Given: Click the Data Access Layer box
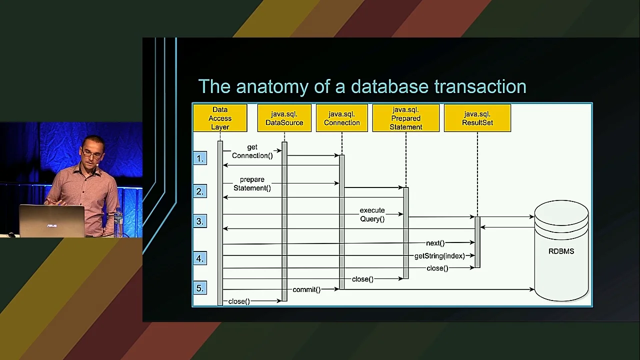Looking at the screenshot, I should (x=220, y=118).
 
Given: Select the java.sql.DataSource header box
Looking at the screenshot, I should (x=284, y=118).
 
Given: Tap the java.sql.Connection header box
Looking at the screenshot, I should (x=341, y=118).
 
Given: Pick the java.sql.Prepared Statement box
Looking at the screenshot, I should (x=405, y=118).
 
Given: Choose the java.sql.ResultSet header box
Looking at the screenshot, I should (x=477, y=118).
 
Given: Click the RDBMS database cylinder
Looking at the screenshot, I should (x=561, y=251).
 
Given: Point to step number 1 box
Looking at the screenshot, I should (x=200, y=158).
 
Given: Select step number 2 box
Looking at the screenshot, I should (x=200, y=191).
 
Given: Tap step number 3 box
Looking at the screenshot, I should (x=200, y=221).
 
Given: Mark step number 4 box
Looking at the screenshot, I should (x=200, y=258).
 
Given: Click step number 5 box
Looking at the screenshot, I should (x=200, y=288).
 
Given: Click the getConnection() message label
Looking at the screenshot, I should (x=252, y=151).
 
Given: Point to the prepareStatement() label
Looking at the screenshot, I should (x=252, y=184).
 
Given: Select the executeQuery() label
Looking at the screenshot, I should (x=372, y=214).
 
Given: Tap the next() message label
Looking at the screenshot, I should (x=435, y=243).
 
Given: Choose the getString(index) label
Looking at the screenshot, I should (x=439, y=256).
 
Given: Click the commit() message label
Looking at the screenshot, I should (x=306, y=289).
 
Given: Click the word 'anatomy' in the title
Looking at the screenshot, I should (x=272, y=87).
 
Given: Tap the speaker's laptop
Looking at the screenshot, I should (x=51, y=221).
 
